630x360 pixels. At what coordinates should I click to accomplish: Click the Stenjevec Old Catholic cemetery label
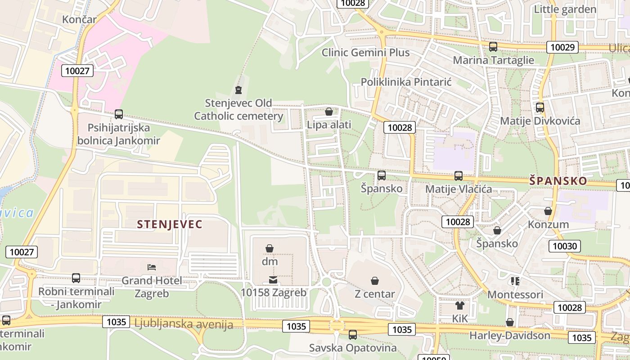238,109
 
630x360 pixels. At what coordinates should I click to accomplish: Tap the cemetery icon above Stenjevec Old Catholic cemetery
238,90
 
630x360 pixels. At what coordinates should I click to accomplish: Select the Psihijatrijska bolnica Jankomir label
118,134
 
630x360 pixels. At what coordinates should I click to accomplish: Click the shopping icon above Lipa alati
329,112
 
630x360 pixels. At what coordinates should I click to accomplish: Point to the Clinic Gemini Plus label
365,53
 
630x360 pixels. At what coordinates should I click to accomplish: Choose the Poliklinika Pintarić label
406,82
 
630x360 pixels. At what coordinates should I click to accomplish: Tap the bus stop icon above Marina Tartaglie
493,47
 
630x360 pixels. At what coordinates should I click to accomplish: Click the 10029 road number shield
562,47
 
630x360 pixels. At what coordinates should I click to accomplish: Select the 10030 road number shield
564,246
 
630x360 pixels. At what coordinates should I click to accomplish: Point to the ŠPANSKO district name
558,181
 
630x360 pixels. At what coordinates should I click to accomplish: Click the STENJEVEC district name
170,224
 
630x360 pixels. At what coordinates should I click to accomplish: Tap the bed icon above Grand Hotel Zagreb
152,267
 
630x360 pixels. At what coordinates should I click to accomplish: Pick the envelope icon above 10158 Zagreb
273,280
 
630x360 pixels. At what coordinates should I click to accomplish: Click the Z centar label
374,294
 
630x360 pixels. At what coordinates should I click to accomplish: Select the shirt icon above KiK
459,306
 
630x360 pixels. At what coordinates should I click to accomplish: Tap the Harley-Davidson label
509,336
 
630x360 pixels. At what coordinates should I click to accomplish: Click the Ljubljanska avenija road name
184,324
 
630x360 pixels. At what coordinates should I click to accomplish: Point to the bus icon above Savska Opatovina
353,335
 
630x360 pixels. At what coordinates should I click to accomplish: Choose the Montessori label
515,295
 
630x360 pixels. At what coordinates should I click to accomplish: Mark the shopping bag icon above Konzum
548,211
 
